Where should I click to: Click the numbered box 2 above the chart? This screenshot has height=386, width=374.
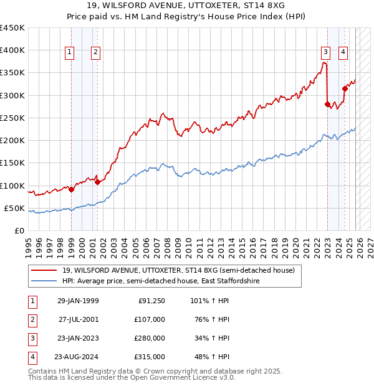point(95,53)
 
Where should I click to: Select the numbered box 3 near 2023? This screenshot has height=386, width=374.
point(325,52)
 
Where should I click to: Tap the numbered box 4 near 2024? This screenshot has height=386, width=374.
point(343,52)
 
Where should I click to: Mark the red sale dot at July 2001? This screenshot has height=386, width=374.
point(97,182)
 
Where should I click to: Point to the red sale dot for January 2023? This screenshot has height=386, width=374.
point(327,104)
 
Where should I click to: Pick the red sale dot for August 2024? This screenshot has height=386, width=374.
point(345,88)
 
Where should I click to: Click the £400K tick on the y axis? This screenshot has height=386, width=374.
point(12,50)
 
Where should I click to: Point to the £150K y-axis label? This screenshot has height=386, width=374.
point(12,162)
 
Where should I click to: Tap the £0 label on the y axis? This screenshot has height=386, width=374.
point(19,230)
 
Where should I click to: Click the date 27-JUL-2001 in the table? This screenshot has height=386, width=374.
point(78,319)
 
